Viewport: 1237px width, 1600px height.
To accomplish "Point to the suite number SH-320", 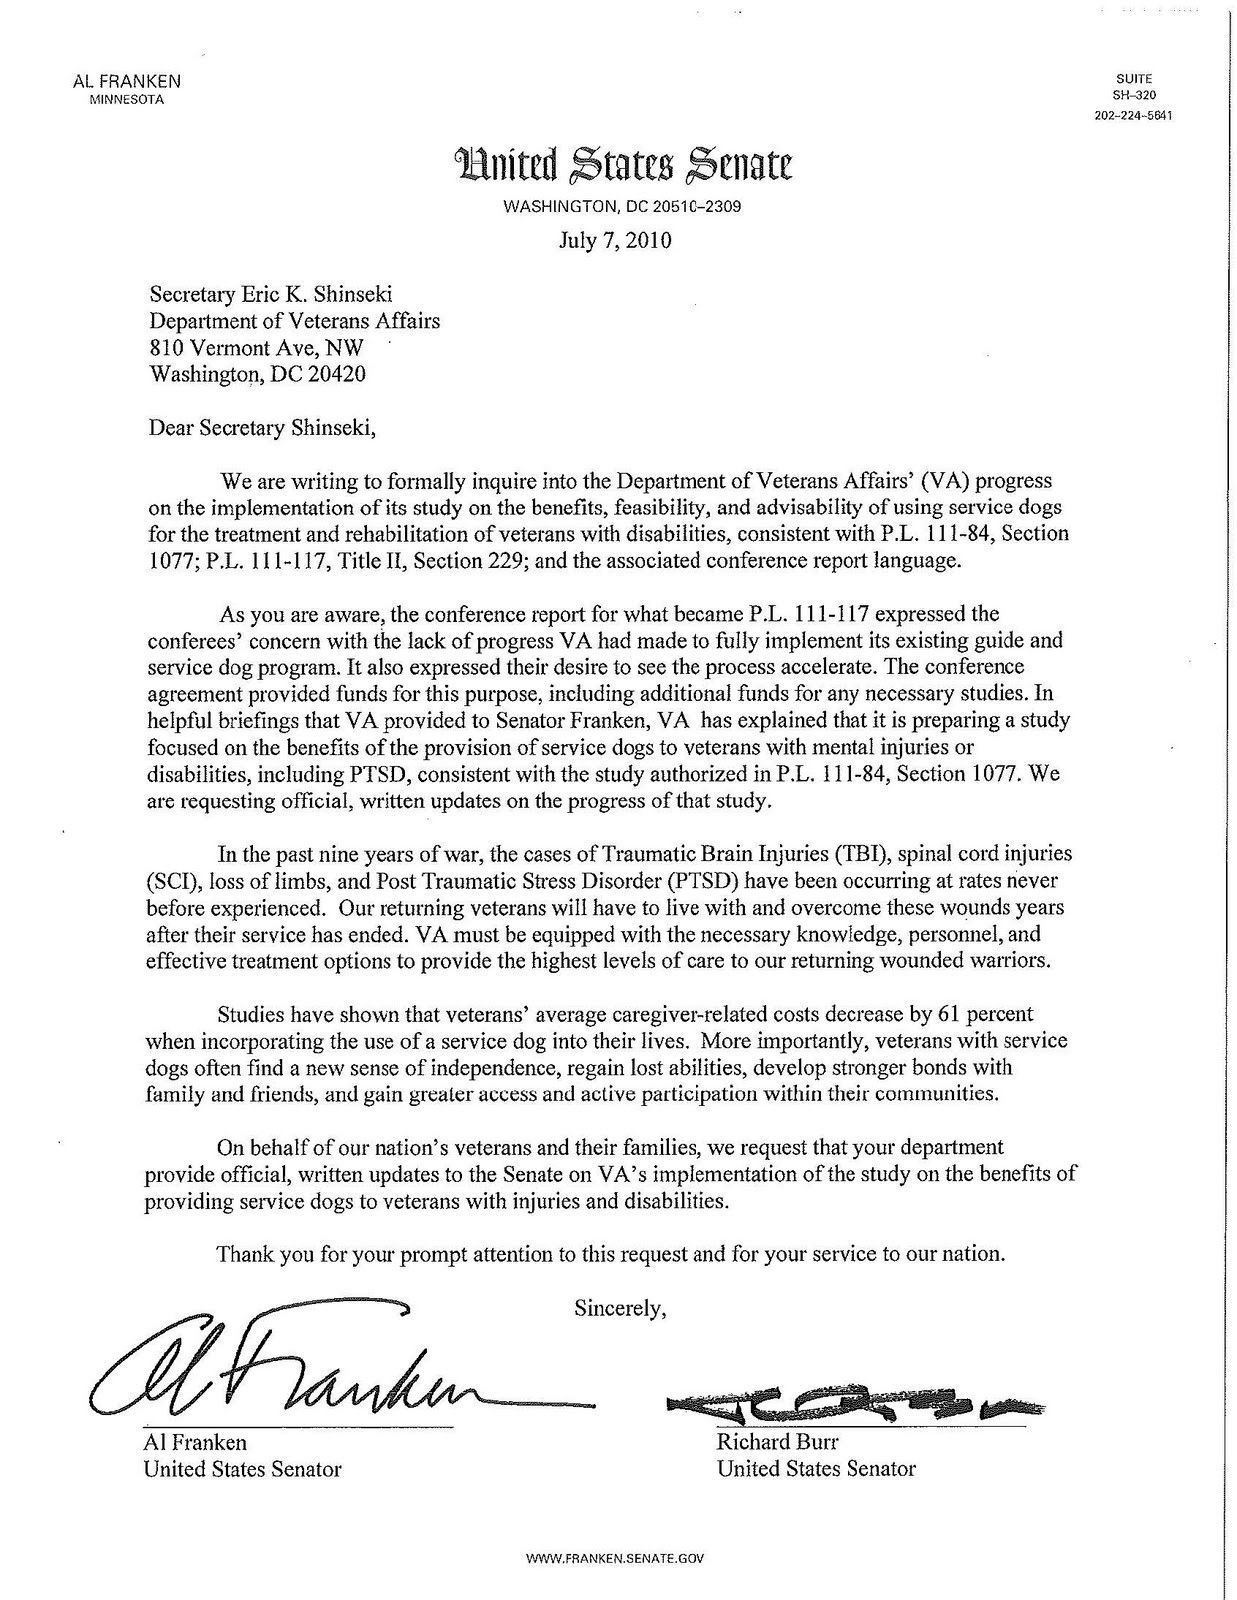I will [x=1132, y=96].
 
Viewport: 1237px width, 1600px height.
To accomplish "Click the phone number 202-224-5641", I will [x=1132, y=115].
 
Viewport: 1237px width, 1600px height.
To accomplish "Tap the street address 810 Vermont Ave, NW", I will [x=257, y=348].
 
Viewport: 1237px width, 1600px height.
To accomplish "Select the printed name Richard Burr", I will [x=777, y=1442].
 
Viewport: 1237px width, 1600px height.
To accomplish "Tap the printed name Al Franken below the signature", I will [x=195, y=1442].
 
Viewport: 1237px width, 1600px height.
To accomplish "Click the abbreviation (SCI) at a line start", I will [x=170, y=882].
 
